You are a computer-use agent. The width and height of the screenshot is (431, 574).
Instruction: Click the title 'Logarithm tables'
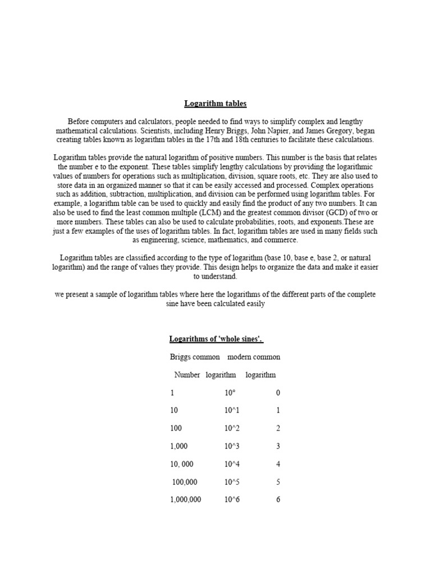(x=215, y=104)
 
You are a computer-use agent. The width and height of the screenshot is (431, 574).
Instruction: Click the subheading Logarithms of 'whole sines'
(x=216, y=339)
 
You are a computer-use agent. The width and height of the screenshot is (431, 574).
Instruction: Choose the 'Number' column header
(x=187, y=374)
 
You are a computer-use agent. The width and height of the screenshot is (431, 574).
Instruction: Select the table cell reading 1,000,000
(x=185, y=499)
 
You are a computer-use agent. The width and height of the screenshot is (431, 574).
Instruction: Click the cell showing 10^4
(x=232, y=464)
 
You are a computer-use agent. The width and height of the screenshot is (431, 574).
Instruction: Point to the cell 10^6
(x=232, y=499)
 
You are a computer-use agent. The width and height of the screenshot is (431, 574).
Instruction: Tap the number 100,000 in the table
(x=185, y=482)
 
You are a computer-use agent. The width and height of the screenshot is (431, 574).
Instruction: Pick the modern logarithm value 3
(x=278, y=446)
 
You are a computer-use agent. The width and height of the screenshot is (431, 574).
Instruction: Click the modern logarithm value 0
(x=278, y=392)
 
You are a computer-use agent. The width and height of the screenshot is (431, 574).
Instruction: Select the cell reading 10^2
(x=232, y=428)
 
